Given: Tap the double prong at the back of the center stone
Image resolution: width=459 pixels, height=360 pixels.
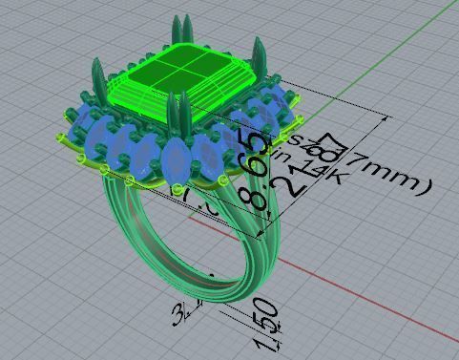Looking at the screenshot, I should tap(178, 32).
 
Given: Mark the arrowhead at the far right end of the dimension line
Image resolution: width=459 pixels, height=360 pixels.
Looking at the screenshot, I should tap(386, 117).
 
